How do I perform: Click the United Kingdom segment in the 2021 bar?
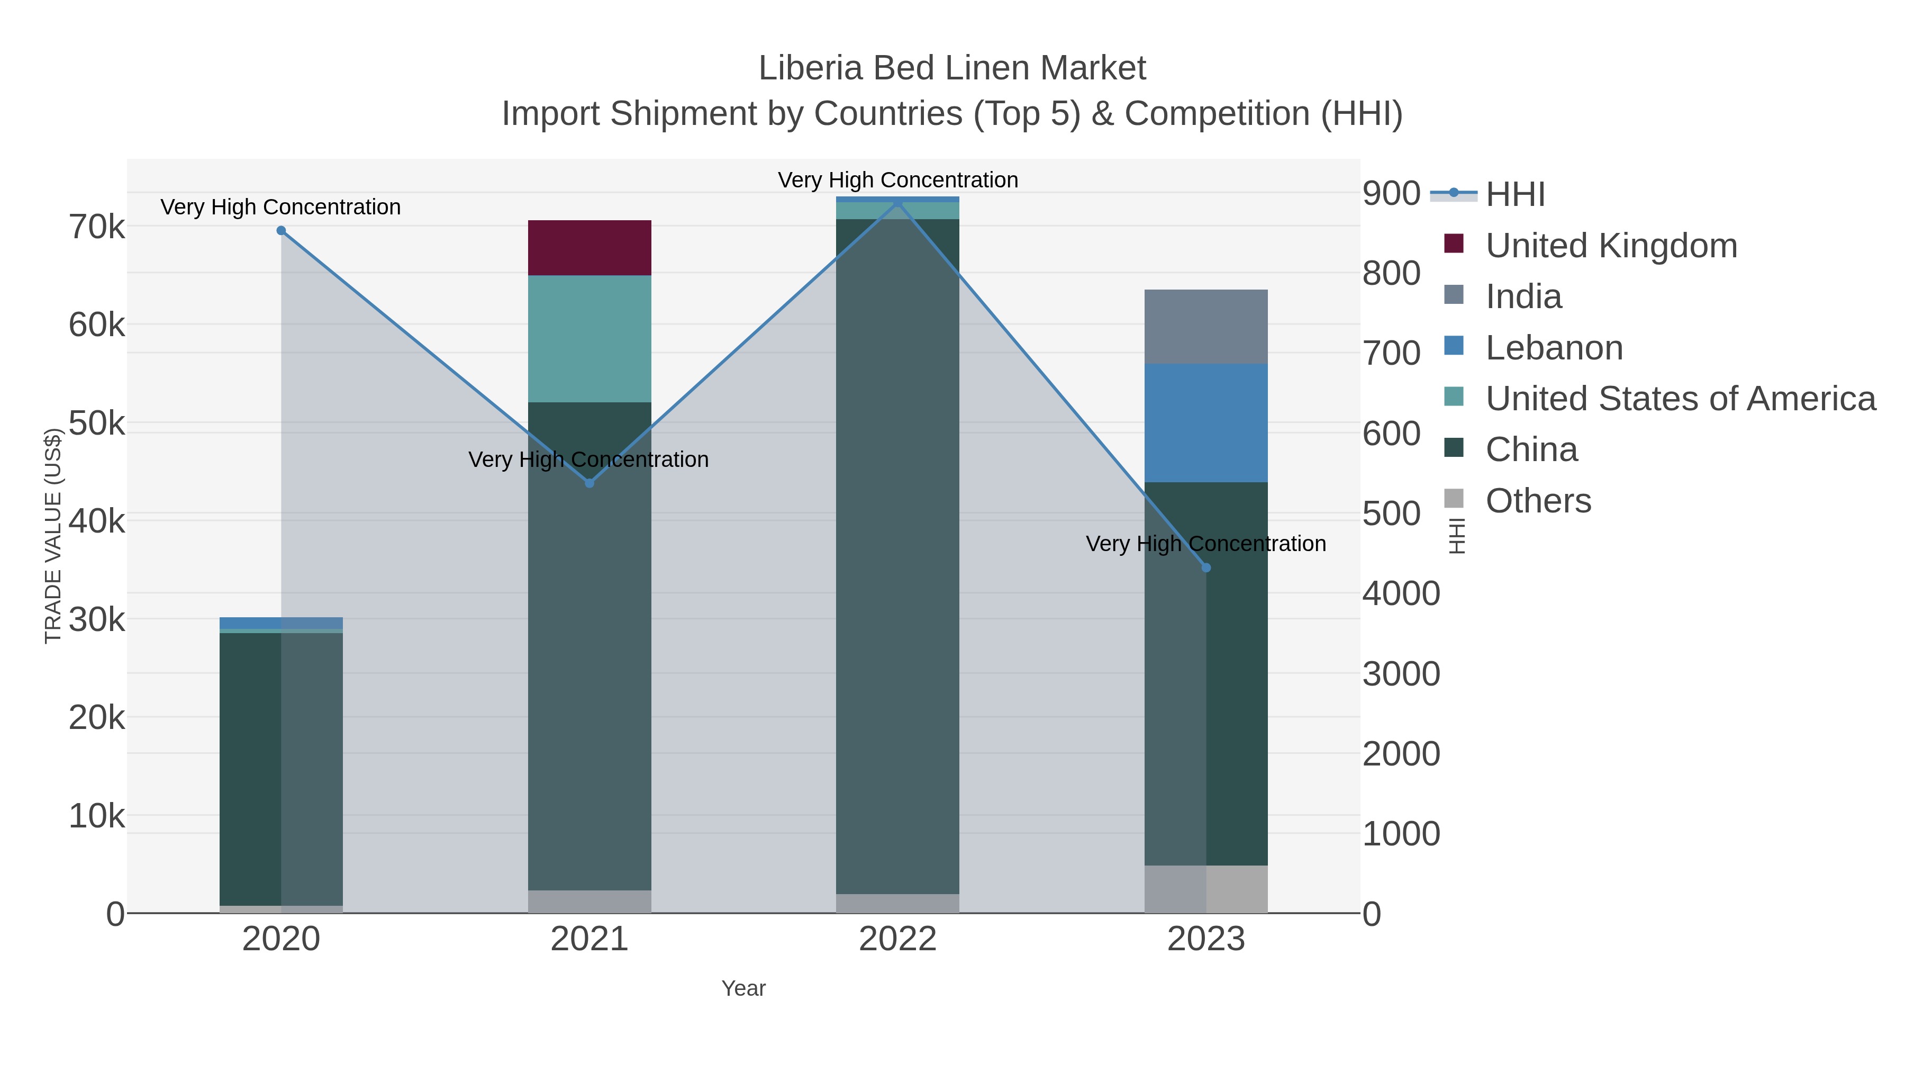(589, 248)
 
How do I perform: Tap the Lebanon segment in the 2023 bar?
(1205, 422)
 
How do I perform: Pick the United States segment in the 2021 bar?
(589, 339)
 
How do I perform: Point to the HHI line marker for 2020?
(281, 231)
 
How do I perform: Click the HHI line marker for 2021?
(589, 483)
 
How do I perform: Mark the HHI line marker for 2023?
(1206, 567)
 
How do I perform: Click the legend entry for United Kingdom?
(1611, 246)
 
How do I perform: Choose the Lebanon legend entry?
(1554, 348)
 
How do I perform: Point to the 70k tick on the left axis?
(97, 227)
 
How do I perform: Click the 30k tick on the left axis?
(97, 620)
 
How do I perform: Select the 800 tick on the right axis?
(1391, 273)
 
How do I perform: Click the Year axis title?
(743, 988)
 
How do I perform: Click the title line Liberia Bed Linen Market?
(952, 68)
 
